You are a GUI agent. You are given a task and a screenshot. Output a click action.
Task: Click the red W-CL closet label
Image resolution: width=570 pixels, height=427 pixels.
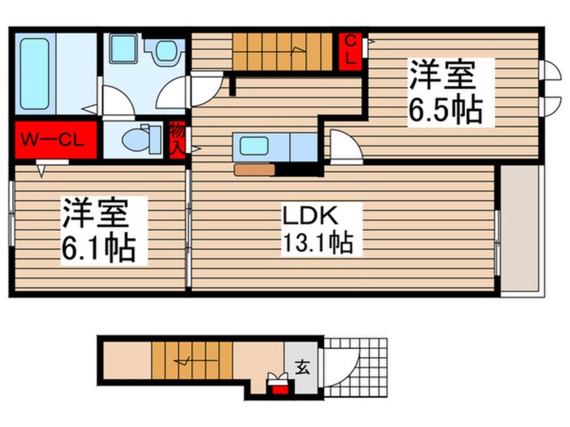pos(53,140)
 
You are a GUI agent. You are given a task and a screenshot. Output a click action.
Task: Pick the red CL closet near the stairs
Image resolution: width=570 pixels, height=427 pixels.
pos(350,51)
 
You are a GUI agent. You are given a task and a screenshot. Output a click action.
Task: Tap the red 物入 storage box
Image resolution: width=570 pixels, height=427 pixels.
pos(177,140)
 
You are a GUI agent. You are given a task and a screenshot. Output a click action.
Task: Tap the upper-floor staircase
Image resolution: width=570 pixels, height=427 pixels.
pos(283,51)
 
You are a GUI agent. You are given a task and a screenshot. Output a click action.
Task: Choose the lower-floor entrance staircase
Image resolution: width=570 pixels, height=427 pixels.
pos(191,362)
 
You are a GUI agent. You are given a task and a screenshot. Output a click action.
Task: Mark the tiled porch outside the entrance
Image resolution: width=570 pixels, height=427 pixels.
pos(364,367)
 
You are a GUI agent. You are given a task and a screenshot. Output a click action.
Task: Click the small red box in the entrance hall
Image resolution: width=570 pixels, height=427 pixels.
pos(278,387)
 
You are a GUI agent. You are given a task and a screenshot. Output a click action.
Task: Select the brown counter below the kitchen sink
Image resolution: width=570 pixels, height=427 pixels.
pos(255,170)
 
